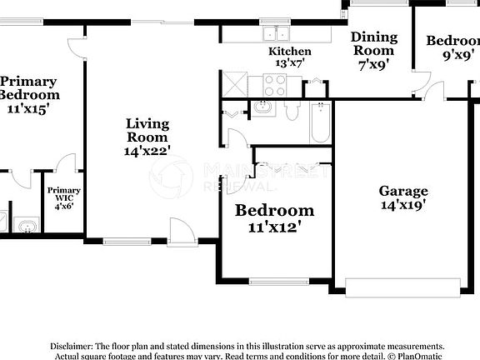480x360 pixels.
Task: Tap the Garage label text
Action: (403, 190)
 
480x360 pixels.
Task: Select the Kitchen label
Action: (289, 52)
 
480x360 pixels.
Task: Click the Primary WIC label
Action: (63, 197)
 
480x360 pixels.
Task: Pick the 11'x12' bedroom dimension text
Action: (274, 225)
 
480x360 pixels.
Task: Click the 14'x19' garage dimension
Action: (403, 204)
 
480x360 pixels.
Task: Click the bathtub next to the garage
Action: (321, 122)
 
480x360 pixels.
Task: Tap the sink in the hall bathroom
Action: (264, 107)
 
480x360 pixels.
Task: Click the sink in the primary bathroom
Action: (27, 225)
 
